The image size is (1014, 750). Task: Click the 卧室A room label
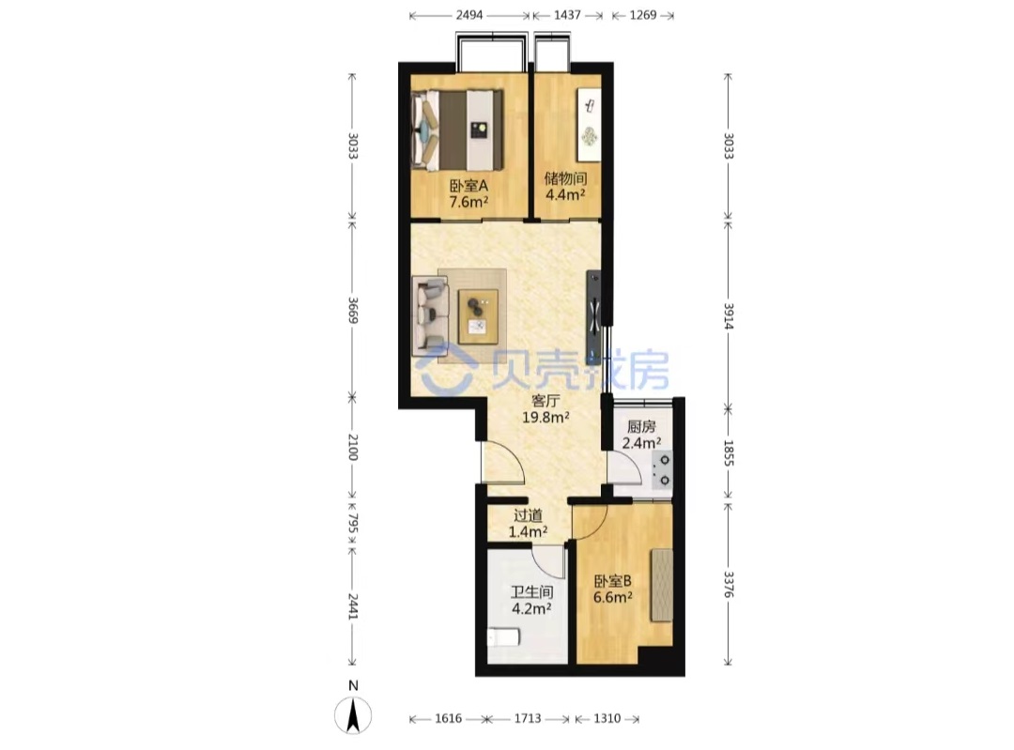469,186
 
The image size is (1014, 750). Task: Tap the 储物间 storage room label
565,178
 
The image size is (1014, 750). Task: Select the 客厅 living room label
545,401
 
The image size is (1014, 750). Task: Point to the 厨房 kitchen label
641,427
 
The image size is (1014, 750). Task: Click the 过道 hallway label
528,515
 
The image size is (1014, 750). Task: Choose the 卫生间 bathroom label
531,591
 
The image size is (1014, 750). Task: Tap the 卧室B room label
613,581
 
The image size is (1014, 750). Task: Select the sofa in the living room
430,315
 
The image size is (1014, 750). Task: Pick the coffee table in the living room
478,316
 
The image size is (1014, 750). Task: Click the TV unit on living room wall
593,317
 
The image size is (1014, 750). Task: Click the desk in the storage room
589,124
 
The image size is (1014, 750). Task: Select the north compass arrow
353,716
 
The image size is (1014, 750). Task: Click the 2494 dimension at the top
469,15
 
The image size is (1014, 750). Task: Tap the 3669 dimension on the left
352,311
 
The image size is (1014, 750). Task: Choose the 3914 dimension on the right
729,316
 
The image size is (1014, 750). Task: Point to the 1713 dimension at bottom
528,718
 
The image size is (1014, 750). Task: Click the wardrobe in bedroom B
662,585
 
